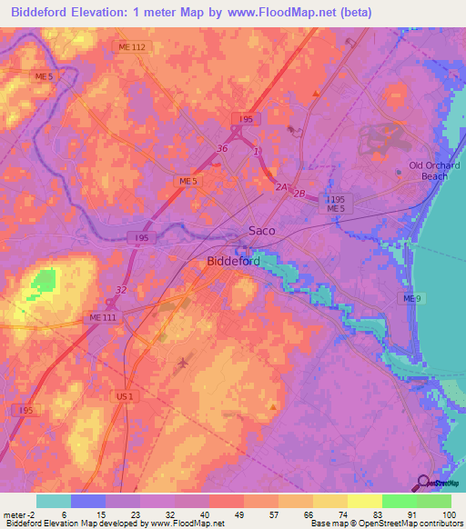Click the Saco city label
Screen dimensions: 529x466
click(262, 231)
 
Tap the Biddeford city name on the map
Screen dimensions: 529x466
click(234, 261)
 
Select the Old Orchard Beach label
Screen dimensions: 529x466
click(434, 170)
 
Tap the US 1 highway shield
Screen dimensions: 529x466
click(126, 397)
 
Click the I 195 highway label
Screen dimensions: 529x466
click(336, 199)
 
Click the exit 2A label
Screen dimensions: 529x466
click(282, 187)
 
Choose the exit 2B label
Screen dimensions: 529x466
click(300, 195)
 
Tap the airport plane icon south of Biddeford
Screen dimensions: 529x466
click(183, 364)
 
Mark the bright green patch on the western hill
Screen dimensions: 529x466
click(41, 283)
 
